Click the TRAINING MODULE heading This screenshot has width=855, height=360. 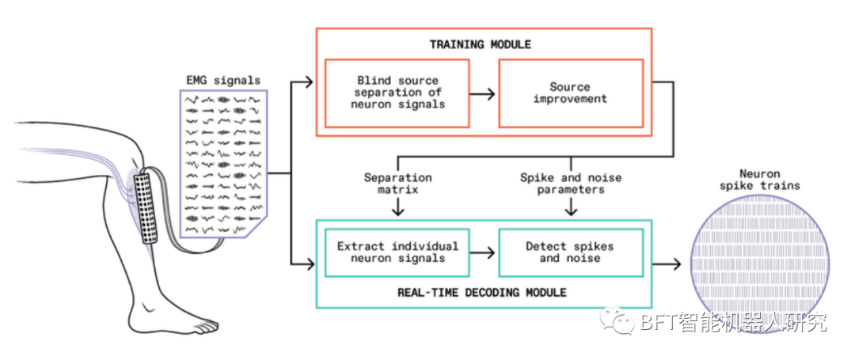click(481, 44)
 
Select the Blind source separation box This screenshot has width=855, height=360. click(397, 93)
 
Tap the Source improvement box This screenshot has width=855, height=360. click(570, 93)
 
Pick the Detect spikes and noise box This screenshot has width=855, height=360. click(570, 252)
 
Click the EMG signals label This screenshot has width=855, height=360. click(222, 80)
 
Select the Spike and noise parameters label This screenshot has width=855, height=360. click(570, 184)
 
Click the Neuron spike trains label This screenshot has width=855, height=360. click(759, 180)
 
